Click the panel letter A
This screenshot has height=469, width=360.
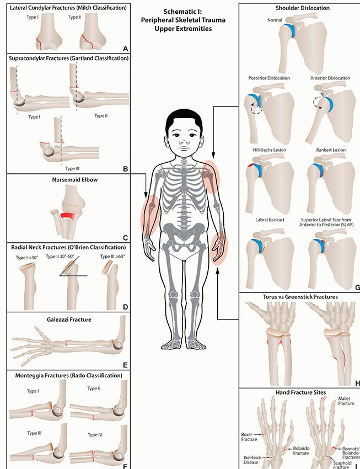[125, 49]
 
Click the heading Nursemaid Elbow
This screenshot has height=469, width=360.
[75, 180]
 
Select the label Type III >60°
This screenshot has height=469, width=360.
[112, 257]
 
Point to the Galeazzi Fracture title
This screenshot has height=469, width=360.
[69, 319]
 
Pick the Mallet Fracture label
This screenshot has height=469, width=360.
[346, 401]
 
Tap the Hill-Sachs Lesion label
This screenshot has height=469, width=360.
[270, 150]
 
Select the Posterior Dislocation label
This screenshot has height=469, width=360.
[269, 78]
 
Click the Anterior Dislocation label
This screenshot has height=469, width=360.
[330, 78]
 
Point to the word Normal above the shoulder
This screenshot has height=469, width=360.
[275, 20]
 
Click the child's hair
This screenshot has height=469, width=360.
[184, 120]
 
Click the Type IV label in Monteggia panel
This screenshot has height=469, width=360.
[95, 435]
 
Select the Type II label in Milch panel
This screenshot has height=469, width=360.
[74, 17]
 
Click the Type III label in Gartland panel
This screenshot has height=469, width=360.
[72, 168]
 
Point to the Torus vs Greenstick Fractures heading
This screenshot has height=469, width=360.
[300, 297]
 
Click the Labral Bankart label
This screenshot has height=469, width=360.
[270, 220]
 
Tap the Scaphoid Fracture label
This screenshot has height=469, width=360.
[342, 465]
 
